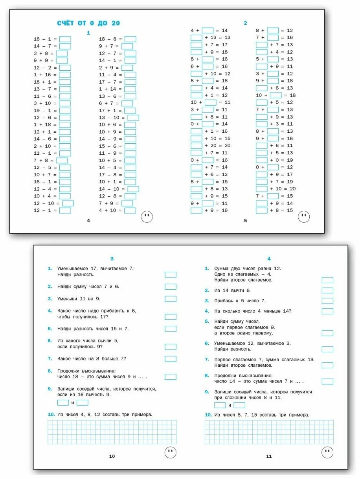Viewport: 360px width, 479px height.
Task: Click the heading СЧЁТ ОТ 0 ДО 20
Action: (x=88, y=23)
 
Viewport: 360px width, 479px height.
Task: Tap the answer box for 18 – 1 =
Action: (x=65, y=39)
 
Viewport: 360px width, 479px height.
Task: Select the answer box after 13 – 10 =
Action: (x=133, y=117)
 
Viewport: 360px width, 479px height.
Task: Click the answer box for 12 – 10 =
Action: (x=68, y=203)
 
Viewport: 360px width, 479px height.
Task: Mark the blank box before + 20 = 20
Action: (x=197, y=146)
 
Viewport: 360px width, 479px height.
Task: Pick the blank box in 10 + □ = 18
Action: (x=276, y=95)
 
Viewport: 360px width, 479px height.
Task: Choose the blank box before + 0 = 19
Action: (x=262, y=160)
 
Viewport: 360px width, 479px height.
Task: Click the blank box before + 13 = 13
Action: (x=197, y=38)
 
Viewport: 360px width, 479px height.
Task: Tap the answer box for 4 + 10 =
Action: (x=130, y=210)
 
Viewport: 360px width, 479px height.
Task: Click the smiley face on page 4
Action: (x=147, y=216)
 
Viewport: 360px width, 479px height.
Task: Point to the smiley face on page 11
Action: (x=327, y=452)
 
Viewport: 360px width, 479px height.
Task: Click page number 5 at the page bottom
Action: (x=246, y=221)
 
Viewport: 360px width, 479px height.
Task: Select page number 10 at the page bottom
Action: (x=112, y=456)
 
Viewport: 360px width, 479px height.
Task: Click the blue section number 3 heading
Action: (x=112, y=259)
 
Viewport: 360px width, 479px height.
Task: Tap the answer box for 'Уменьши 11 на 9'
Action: (x=171, y=299)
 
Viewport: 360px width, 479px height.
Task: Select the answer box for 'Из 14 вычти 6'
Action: (x=327, y=291)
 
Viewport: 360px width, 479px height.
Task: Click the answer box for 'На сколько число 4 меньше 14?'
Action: (x=327, y=311)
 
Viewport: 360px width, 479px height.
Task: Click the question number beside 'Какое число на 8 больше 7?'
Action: (x=50, y=359)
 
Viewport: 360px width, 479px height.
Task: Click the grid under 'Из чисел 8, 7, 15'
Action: (x=269, y=432)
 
